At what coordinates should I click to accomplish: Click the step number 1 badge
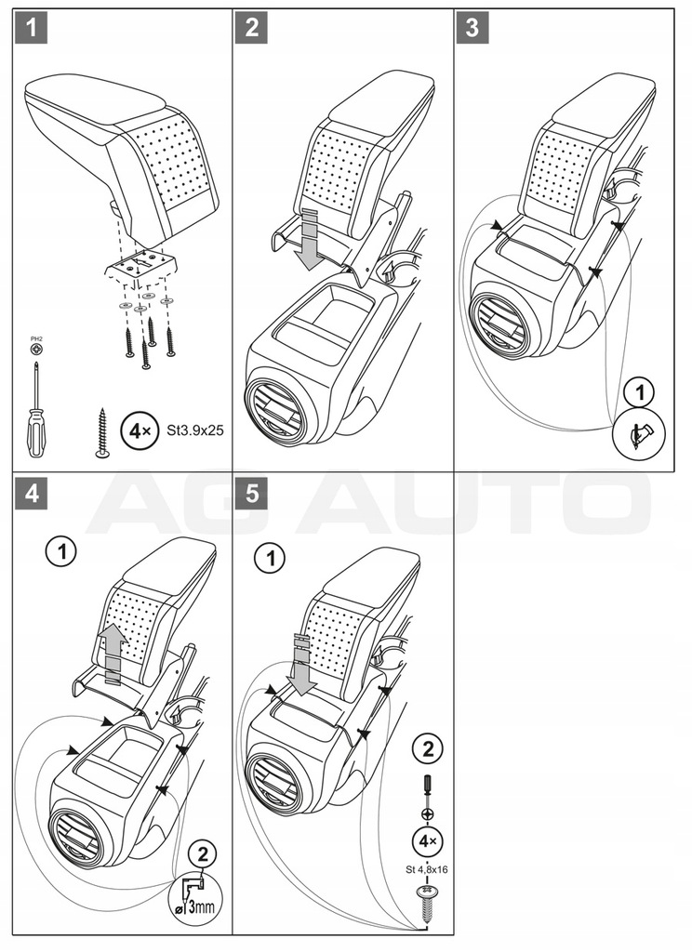(x=32, y=28)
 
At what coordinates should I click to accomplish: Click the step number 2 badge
(x=252, y=28)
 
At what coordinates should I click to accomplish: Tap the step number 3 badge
(x=472, y=28)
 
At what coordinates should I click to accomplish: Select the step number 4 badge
(x=32, y=494)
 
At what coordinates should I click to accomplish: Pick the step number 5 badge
(x=252, y=494)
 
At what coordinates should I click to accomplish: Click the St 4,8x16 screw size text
(x=427, y=870)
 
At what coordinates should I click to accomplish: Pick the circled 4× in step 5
(x=427, y=841)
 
